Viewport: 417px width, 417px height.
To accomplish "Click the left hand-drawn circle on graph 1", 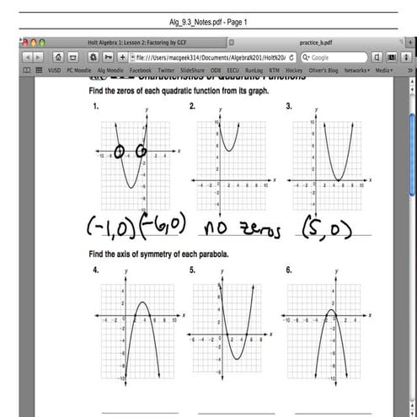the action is click(120, 152).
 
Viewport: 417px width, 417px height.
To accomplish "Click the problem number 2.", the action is click(193, 106).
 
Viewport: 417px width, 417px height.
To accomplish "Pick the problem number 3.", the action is click(289, 106).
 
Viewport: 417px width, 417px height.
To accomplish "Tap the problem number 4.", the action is click(97, 270).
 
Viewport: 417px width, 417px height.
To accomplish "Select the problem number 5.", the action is click(193, 270).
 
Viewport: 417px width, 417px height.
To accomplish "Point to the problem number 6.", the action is click(289, 270).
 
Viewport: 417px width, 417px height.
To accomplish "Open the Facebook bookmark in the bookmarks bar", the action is click(140, 71).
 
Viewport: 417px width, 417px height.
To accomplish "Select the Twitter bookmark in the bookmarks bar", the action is click(166, 71).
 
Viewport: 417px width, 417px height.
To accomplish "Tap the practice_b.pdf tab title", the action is click(316, 41).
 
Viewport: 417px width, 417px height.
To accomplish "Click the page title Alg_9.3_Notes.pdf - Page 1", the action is click(208, 22).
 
